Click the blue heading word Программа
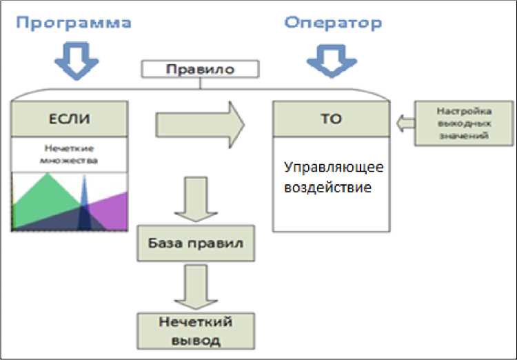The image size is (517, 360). pos(74,23)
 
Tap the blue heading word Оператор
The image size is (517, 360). pos(333,23)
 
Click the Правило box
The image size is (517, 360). pos(200,70)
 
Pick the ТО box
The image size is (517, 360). pos(330,119)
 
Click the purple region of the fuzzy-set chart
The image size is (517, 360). pos(114,210)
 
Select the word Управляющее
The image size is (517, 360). pos(334,168)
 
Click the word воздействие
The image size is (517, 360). pos(327,187)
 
